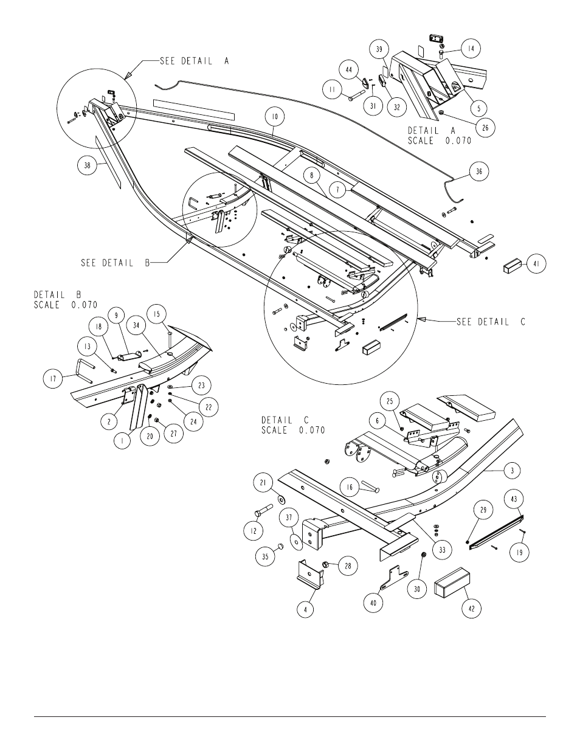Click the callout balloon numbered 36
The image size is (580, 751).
pyautogui.click(x=479, y=171)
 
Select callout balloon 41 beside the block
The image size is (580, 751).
pyautogui.click(x=536, y=264)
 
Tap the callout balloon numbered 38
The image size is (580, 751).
pyautogui.click(x=87, y=165)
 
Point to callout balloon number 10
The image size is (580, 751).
pyautogui.click(x=275, y=117)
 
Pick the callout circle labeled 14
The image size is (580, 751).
pyautogui.click(x=471, y=49)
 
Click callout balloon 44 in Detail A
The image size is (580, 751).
pyautogui.click(x=349, y=70)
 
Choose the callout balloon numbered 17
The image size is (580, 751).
pyautogui.click(x=53, y=378)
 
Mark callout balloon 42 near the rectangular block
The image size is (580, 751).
pyautogui.click(x=472, y=609)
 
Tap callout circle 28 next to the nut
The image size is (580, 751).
pyautogui.click(x=348, y=566)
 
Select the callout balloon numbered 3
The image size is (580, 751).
pyautogui.click(x=513, y=471)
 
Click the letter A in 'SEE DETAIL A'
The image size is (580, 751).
pyautogui.click(x=226, y=61)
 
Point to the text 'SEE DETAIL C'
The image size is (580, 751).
pyautogui.click(x=491, y=322)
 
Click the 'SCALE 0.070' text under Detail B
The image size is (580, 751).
pyautogui.click(x=66, y=305)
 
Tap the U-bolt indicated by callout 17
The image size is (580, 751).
pyautogui.click(x=83, y=370)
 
